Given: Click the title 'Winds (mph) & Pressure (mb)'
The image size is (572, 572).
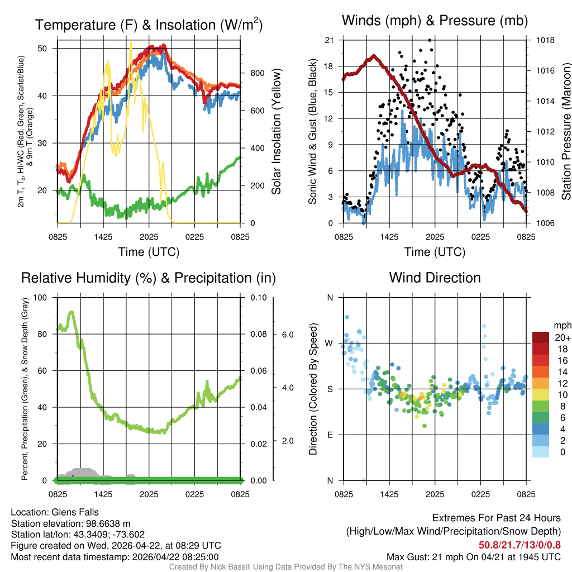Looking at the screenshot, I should [435, 21].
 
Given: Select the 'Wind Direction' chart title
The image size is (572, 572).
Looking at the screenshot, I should [435, 278].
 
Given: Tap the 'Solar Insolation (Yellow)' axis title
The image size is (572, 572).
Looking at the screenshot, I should [276, 132].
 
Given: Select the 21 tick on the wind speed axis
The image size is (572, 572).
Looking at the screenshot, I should [329, 40].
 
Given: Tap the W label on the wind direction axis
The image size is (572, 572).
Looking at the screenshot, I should [330, 343].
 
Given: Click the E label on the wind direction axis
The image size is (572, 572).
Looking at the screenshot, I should [330, 435].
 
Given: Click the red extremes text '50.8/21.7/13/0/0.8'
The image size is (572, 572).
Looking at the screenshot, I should [519, 545].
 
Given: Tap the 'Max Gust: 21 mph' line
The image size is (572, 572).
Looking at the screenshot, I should [474, 557].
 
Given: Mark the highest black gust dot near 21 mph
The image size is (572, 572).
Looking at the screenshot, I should [429, 40].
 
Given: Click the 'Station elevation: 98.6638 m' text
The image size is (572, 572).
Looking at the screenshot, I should [70, 523].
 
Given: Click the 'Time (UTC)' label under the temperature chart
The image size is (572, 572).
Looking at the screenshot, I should [149, 252].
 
